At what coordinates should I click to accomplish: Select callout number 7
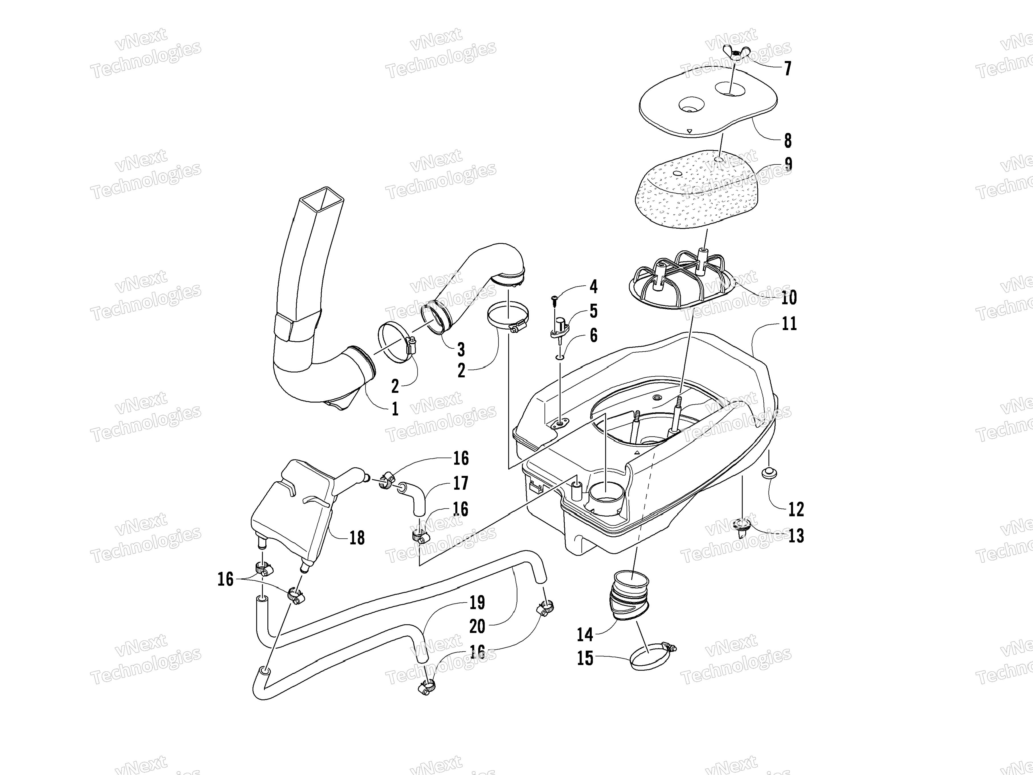click(788, 69)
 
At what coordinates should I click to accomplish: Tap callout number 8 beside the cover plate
click(788, 140)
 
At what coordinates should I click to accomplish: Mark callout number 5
click(594, 311)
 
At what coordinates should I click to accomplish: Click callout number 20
click(477, 626)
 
